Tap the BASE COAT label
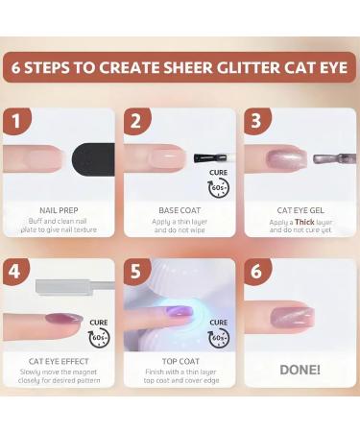(x=179, y=209)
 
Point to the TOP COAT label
(x=179, y=360)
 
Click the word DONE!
(x=300, y=369)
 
